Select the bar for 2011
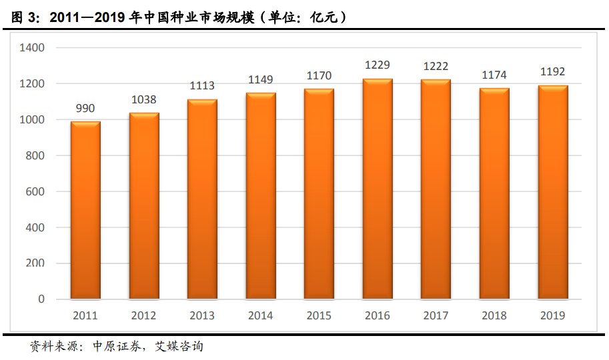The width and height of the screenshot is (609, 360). coord(85,210)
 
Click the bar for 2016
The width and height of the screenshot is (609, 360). coord(378,189)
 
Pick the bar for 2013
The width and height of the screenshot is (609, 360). coord(202,199)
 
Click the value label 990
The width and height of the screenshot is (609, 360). coord(85,109)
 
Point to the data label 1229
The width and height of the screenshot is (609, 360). coord(378,65)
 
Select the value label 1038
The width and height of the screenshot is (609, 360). coord(143,100)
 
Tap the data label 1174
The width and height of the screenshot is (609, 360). coord(494,75)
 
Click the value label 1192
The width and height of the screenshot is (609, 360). coord(552,73)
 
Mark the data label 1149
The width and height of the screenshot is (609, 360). coord(260,80)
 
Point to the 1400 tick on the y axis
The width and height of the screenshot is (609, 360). coord(32,48)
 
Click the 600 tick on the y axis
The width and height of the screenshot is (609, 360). coord(35,192)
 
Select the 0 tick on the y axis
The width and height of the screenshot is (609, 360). coord(41,299)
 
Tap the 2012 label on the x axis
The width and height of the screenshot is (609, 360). coord(143,315)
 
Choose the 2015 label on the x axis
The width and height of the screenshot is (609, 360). coord(319,315)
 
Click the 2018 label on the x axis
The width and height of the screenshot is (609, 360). coord(494,315)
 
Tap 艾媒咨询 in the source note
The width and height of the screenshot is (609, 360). coord(179,347)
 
